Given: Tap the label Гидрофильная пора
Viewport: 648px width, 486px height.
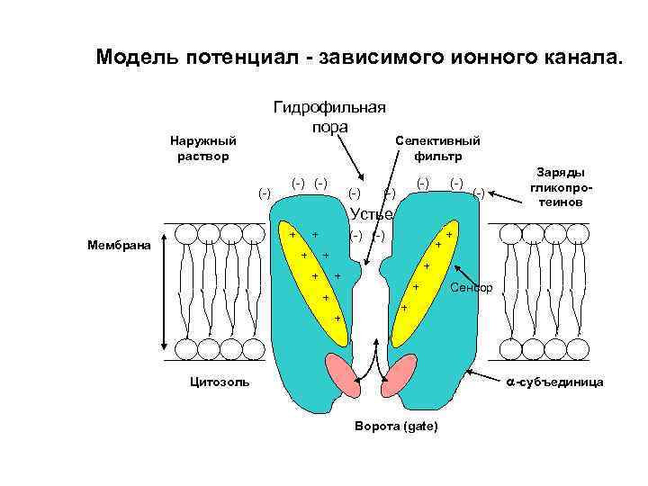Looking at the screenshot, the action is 328,117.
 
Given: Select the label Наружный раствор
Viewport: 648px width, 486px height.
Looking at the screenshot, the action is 203,148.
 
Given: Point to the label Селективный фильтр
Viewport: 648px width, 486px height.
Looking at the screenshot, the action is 437,148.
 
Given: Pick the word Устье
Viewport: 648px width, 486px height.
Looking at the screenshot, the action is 371,215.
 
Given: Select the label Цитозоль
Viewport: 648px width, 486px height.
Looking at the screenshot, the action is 213,382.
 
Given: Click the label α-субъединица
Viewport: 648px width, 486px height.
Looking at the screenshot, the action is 553,382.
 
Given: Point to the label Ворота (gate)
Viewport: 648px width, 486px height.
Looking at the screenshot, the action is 397,426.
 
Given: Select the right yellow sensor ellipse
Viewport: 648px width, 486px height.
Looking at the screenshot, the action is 423,270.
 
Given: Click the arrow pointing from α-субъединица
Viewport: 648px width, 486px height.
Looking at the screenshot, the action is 482,379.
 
